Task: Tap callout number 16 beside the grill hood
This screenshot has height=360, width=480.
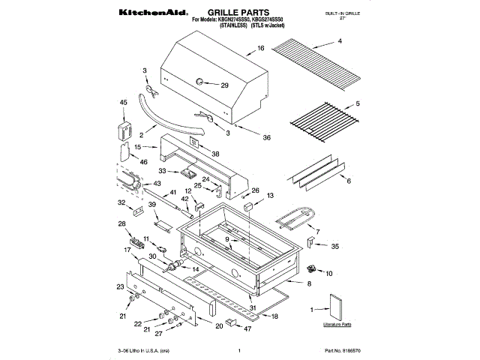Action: pos(261,49)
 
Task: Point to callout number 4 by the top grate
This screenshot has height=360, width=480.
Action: pos(339,41)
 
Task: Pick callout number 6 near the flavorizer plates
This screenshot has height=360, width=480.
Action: pos(348,181)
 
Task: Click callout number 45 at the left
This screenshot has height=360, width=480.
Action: pos(124,102)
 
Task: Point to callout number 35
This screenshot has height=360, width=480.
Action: pos(334,245)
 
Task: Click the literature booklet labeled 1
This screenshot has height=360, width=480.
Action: pos(334,308)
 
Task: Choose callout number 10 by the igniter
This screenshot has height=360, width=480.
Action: pos(328,273)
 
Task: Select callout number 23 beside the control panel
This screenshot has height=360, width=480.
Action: pos(120,286)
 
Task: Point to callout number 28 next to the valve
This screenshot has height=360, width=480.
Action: pos(121,224)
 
